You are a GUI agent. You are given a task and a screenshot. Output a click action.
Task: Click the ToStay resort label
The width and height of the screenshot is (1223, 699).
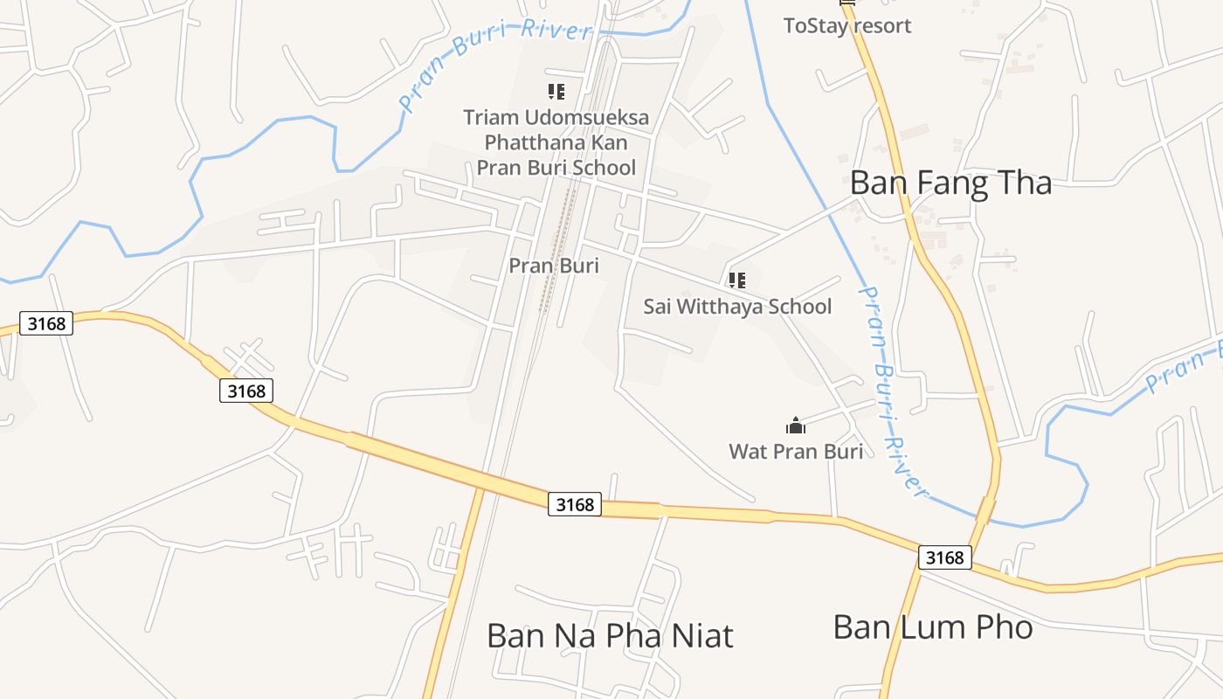[846, 25]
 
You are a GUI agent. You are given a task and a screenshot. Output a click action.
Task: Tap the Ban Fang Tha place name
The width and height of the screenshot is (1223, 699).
[950, 183]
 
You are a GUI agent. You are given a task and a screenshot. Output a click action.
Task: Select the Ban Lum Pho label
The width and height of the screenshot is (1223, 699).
[933, 626]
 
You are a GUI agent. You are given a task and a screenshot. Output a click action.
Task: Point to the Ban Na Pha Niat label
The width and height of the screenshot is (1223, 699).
[610, 635]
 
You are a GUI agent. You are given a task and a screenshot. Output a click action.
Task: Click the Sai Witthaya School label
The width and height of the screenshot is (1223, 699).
[737, 307]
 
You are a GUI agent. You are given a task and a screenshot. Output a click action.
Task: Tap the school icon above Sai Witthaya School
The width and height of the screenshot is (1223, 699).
[736, 280]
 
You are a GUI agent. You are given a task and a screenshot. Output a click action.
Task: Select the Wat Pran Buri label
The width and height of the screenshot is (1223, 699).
[796, 451]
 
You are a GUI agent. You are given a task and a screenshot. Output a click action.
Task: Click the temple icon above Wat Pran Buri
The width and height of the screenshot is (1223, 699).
[796, 426]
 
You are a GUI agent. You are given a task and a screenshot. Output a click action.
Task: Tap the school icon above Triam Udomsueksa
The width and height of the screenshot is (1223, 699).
[556, 91]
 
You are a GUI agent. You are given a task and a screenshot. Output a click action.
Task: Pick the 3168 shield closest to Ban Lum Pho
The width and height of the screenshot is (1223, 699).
[944, 557]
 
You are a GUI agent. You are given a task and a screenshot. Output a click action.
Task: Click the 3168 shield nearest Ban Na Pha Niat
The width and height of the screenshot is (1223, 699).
[575, 504]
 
